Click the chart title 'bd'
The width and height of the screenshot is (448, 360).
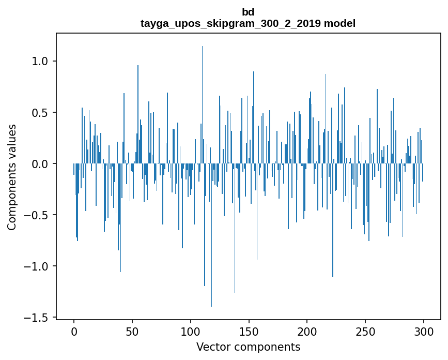click(x=248, y=12)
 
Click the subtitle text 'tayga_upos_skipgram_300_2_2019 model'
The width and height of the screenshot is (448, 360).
click(x=248, y=23)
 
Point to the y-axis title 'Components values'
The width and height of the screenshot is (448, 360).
click(x=11, y=177)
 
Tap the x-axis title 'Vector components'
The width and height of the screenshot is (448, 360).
click(x=248, y=347)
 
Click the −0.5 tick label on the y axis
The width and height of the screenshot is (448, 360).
click(x=36, y=215)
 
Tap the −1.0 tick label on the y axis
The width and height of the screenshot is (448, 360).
click(x=36, y=266)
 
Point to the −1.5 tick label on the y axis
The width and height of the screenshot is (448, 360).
click(x=36, y=318)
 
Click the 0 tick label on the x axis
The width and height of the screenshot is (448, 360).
click(x=74, y=331)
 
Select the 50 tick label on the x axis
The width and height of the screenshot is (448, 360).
click(x=132, y=331)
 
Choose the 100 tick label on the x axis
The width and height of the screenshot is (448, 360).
click(x=191, y=331)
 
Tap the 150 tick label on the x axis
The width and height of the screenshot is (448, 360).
click(x=249, y=331)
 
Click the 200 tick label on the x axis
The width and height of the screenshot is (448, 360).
click(x=307, y=331)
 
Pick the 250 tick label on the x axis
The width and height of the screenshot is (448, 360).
click(x=365, y=331)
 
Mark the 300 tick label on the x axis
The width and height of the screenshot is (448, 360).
click(x=424, y=331)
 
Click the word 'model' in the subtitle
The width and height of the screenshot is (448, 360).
click(x=341, y=23)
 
